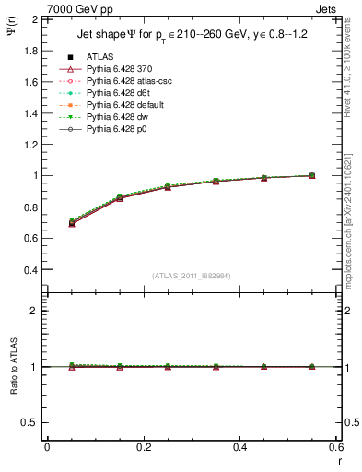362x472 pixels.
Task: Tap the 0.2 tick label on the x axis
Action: pos(143,447)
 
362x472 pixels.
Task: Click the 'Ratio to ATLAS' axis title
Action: pos(14,369)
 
